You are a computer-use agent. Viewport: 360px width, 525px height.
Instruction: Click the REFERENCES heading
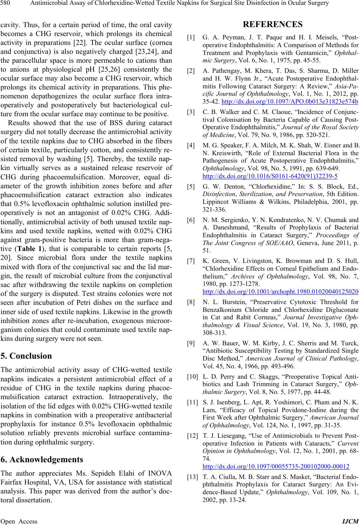pyautogui.click(x=273, y=25)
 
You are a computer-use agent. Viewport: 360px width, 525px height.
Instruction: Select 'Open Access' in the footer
pyautogui.click(x=19, y=521)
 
